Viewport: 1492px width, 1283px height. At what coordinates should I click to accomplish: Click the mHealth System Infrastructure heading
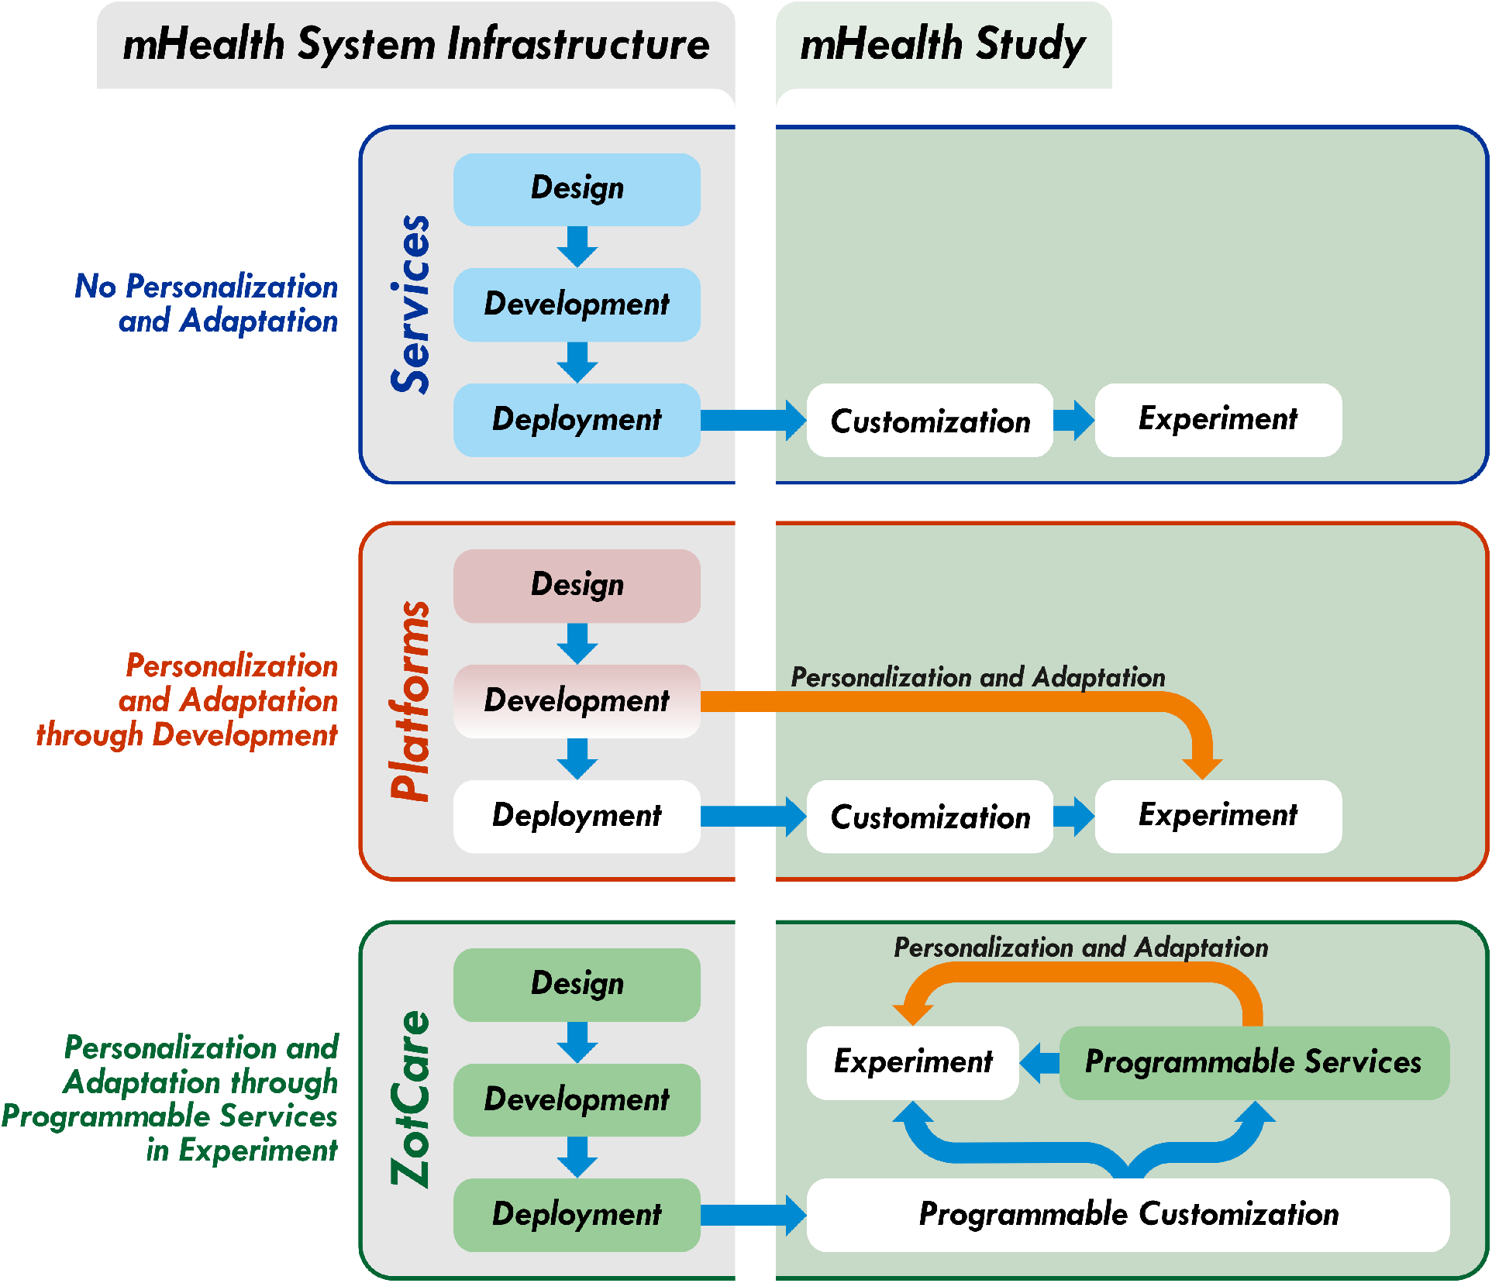pos(415,43)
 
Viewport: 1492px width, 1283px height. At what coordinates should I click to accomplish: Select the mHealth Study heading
pos(942,43)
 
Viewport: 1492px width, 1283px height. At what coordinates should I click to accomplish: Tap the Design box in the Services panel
pos(577,189)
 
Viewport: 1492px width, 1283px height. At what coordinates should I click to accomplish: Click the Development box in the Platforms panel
pos(577,700)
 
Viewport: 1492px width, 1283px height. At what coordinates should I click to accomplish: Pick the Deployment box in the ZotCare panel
pos(577,1214)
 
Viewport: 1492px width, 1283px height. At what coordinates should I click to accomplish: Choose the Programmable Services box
pos(1253,1062)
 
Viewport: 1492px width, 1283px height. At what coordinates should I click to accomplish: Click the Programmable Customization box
pos(1128,1214)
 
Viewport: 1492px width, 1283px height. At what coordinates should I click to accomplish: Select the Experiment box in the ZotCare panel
pos(912,1062)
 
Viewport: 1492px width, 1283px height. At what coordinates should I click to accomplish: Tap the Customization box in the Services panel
pos(929,421)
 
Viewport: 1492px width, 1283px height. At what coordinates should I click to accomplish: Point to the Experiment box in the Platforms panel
pos(1218,816)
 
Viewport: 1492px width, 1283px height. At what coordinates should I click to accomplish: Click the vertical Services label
pos(410,304)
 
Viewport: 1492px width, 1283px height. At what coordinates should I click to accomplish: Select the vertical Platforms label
pos(410,700)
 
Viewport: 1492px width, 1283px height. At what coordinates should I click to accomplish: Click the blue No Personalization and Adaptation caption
pos(207,304)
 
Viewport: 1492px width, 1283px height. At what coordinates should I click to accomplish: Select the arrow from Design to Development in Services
pos(577,246)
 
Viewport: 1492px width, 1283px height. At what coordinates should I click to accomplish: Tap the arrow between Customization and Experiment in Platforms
pos(1073,816)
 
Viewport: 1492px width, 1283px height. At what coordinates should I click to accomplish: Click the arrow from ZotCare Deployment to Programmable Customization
pos(752,1214)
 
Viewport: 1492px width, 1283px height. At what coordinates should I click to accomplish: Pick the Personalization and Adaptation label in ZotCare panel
pos(1080,948)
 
